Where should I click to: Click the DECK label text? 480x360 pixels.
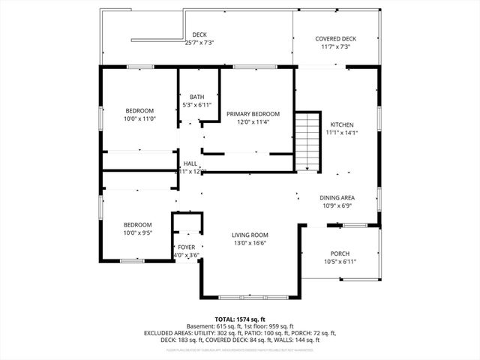199,34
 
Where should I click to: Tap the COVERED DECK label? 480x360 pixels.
336,39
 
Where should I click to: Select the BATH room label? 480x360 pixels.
196,97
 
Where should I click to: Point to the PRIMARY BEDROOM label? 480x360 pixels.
253,114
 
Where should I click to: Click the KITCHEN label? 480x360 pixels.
341,124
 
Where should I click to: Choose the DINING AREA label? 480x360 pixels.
337,198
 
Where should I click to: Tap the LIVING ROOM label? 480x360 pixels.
248,235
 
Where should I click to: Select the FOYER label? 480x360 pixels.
186,247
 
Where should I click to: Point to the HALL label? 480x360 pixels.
190,163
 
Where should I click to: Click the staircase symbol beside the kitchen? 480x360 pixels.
308,140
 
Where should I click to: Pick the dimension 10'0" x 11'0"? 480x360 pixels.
139,118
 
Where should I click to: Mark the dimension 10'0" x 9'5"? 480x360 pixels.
138,232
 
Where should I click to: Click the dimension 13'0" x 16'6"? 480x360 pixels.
248,243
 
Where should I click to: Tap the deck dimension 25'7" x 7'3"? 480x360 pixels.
199,43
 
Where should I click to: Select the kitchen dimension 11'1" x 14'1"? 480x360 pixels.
341,133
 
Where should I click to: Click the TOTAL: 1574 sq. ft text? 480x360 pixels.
241,319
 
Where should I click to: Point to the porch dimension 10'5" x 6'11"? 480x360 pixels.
339,262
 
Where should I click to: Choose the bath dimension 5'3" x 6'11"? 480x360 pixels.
196,105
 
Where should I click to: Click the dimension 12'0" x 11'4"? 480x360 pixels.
253,122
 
